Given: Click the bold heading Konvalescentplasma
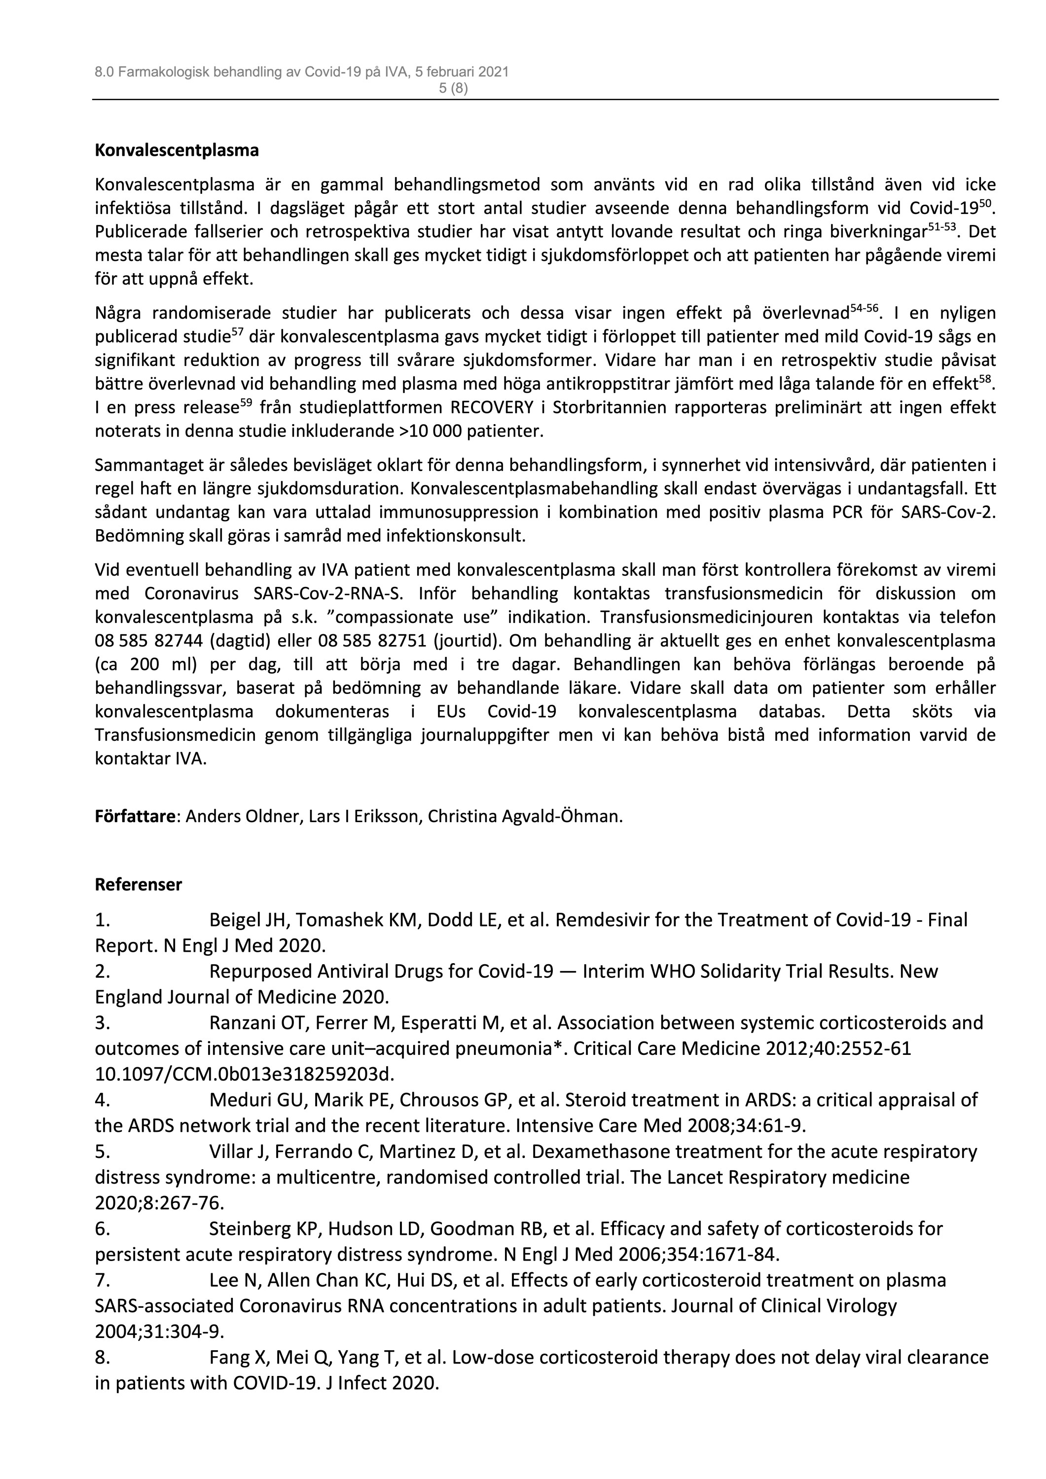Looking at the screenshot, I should [x=177, y=151].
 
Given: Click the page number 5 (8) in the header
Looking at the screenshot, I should [x=453, y=89].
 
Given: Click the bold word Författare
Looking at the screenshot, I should [x=135, y=816].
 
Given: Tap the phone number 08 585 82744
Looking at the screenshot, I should [x=154, y=641].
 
